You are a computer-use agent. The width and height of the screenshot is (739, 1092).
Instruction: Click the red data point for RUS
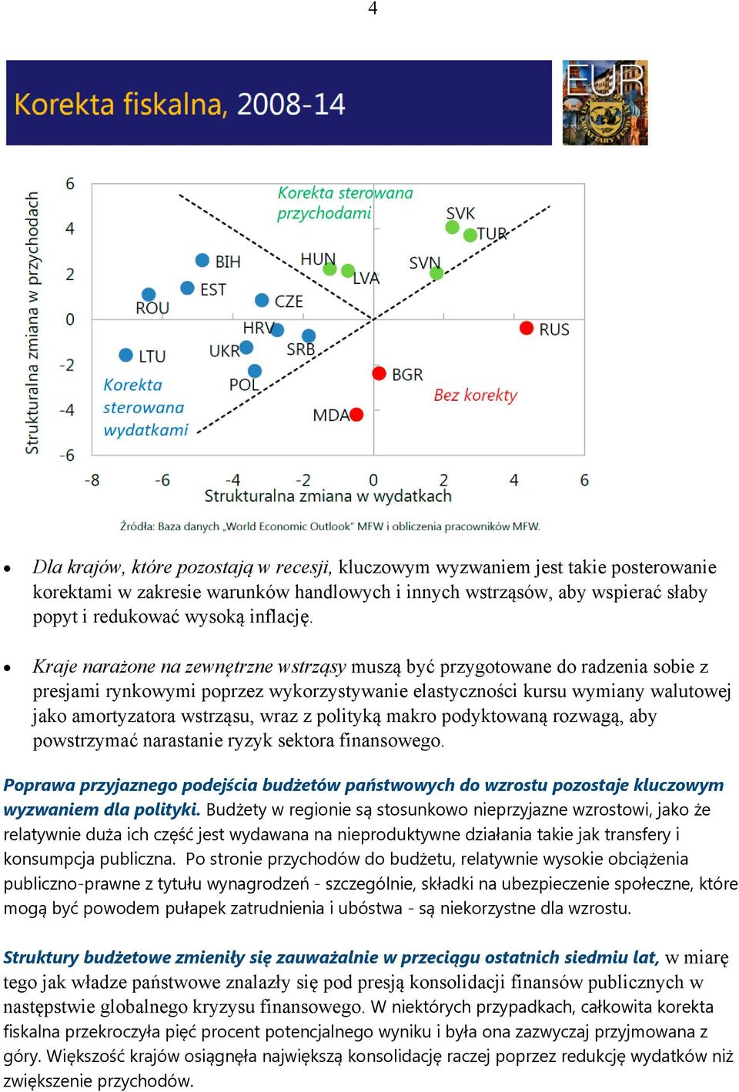[x=527, y=328]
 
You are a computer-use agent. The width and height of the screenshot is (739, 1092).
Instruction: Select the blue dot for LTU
[x=125, y=355]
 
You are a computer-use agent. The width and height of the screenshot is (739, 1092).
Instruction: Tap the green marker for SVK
[x=452, y=227]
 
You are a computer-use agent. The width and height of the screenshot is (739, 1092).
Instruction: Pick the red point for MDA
[x=356, y=414]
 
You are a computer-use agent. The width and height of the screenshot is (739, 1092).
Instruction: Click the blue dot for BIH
[x=202, y=260]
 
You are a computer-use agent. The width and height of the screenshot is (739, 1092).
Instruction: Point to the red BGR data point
[x=379, y=373]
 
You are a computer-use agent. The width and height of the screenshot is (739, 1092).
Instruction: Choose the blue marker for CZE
[x=262, y=300]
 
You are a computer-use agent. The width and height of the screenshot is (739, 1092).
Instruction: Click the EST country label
[x=213, y=289]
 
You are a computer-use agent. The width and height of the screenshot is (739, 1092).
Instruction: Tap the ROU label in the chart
[x=152, y=308]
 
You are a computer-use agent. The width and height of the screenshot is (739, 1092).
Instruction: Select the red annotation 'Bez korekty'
[x=475, y=396]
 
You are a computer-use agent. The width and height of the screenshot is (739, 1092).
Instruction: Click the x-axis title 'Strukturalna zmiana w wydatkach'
[x=328, y=496]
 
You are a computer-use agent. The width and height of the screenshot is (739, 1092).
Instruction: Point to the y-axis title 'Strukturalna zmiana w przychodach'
[x=32, y=322]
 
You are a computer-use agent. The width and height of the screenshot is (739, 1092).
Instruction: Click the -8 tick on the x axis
[x=92, y=481]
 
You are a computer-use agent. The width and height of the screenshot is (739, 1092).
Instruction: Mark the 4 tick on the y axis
[x=70, y=228]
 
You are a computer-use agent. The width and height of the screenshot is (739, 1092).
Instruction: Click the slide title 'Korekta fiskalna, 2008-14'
[x=179, y=105]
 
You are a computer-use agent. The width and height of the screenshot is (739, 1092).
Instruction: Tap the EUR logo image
[x=605, y=102]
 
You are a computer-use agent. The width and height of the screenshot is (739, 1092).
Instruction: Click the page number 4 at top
[x=373, y=8]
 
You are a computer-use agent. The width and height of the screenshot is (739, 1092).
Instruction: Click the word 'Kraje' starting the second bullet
[x=55, y=667]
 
